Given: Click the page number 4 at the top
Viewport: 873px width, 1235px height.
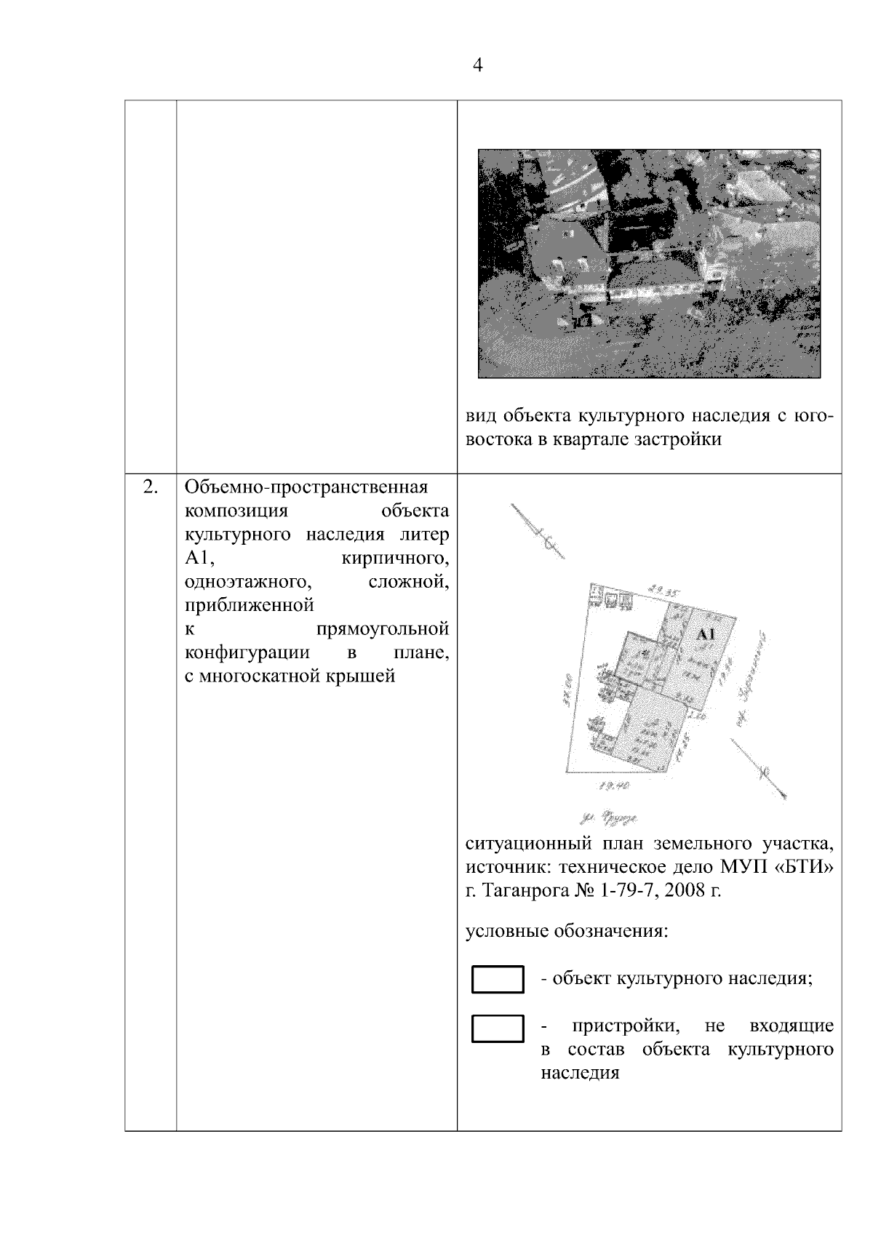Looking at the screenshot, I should coord(478,65).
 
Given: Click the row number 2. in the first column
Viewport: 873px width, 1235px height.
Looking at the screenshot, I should coord(150,487).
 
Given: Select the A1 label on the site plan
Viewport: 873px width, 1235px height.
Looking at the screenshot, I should coord(706,634).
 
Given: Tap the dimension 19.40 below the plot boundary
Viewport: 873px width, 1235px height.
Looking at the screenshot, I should coord(613,786).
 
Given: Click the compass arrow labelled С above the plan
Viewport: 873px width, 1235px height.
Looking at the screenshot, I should coord(537,532).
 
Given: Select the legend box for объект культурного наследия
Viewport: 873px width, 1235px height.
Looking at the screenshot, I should coord(498,979).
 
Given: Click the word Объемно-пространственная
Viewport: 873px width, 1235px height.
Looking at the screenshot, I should coord(306,487).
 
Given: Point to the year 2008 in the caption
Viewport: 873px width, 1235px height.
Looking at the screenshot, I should coord(685,891).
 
